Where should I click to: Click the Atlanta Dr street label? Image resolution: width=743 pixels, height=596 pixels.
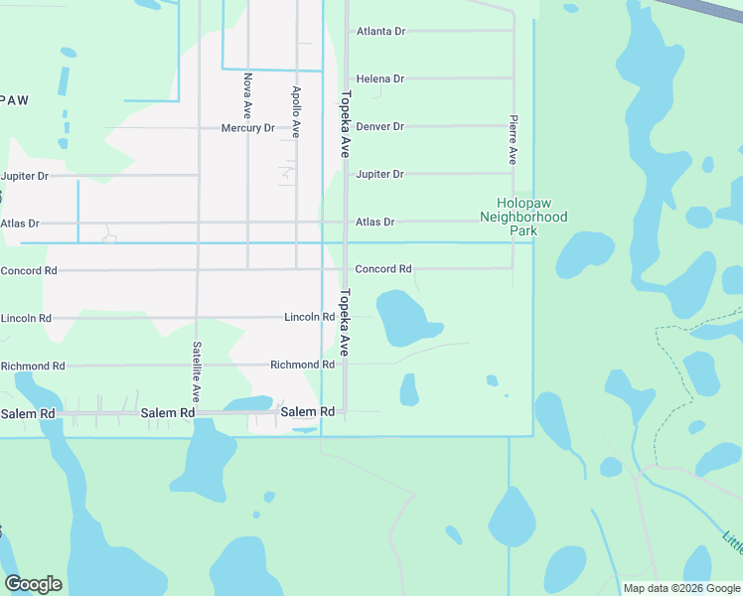[380, 31]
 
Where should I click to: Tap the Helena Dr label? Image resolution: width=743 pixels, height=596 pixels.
[379, 78]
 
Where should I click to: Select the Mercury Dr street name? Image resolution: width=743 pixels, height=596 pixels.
[247, 128]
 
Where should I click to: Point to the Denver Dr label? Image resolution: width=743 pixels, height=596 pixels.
[379, 126]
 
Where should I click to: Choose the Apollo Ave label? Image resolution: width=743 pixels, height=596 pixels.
[296, 110]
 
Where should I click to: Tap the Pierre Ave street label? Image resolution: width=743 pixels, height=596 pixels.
[513, 139]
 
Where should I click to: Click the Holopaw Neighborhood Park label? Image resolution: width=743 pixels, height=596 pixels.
[523, 216]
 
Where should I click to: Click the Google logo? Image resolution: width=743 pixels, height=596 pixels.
[33, 584]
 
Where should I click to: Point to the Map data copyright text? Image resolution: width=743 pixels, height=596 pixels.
[681, 588]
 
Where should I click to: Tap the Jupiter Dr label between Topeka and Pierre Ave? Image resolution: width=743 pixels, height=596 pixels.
[379, 174]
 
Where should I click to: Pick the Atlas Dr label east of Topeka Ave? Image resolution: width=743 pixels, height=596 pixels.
[374, 222]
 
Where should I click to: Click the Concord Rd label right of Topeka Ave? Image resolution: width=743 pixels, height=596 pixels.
[383, 269]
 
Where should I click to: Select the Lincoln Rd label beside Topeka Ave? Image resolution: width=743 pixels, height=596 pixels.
[309, 317]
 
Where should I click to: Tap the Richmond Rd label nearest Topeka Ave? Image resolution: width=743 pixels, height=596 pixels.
[302, 365]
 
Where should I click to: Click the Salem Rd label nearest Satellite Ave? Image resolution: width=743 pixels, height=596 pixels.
[167, 412]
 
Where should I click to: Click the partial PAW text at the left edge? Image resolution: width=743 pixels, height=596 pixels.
[14, 100]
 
